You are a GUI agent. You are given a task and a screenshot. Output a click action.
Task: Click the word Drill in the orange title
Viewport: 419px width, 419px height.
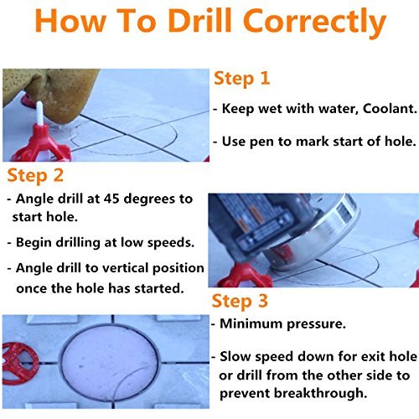199,21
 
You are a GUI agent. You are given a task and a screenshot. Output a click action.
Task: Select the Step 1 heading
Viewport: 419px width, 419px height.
241,79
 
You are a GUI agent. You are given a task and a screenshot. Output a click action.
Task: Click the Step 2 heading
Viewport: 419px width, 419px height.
35,176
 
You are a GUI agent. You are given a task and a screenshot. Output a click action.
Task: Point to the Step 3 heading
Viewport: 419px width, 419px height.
240,302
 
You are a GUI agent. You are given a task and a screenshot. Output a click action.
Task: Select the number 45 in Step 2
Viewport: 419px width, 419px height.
111,199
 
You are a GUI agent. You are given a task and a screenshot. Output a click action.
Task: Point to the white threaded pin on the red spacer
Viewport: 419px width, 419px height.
40,114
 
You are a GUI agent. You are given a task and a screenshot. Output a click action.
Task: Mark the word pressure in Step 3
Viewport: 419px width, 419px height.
317,324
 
